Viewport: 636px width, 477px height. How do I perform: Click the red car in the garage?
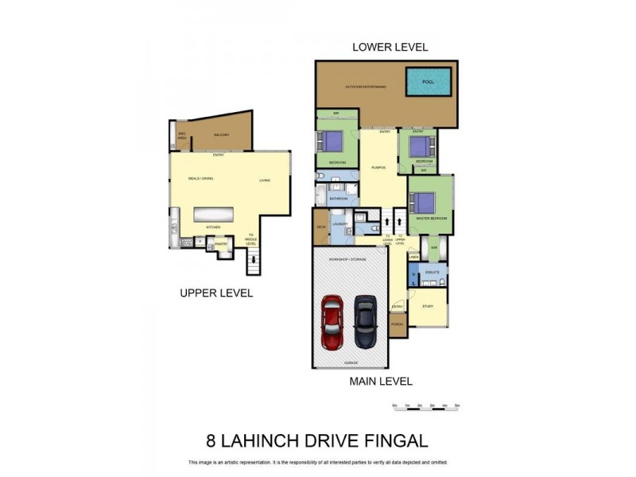click(x=331, y=324)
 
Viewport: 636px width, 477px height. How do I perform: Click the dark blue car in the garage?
click(x=365, y=322)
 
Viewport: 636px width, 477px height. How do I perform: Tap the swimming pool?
click(x=429, y=81)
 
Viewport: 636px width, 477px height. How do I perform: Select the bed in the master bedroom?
click(x=425, y=203)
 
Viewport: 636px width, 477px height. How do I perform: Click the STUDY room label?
click(x=428, y=305)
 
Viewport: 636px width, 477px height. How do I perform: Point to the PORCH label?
click(x=397, y=324)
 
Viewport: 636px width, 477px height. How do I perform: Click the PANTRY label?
click(x=220, y=244)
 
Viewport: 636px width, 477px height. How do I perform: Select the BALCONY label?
click(x=221, y=135)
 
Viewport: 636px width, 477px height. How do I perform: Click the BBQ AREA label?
click(x=182, y=136)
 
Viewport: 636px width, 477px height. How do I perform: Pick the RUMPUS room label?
click(x=378, y=167)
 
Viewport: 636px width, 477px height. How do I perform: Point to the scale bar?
click(x=427, y=407)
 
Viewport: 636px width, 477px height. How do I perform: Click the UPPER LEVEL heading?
click(x=215, y=293)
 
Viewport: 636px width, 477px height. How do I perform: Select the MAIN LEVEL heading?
click(x=381, y=381)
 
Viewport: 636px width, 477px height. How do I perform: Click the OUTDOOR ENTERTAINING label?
click(x=365, y=86)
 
